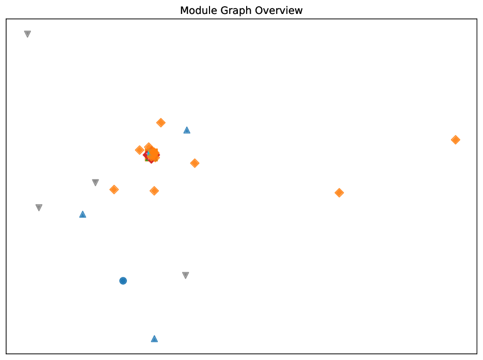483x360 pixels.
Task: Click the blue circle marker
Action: point(123,281)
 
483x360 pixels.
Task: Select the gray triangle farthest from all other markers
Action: point(27,34)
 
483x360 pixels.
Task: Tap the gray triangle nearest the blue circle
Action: point(186,275)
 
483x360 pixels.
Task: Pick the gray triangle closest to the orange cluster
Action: point(95,183)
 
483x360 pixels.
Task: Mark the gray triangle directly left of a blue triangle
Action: point(39,207)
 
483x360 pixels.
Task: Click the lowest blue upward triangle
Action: point(154,338)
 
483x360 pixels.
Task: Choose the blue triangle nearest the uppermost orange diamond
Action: point(187,130)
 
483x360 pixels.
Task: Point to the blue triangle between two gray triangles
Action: point(83,214)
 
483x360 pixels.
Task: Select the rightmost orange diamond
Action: point(455,140)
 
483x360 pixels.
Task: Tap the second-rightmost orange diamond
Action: point(339,192)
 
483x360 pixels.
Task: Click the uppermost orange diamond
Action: point(161,123)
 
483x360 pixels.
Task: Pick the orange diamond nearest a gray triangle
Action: point(114,189)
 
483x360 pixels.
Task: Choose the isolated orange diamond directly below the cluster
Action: point(154,191)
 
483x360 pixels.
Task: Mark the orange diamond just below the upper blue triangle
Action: point(195,163)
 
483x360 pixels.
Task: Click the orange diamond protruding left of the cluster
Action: point(139,150)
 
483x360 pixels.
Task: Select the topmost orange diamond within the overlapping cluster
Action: point(149,145)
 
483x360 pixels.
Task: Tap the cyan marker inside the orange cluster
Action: point(148,154)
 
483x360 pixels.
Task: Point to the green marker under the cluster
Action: point(146,160)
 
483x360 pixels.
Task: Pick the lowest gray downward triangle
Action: point(186,275)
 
